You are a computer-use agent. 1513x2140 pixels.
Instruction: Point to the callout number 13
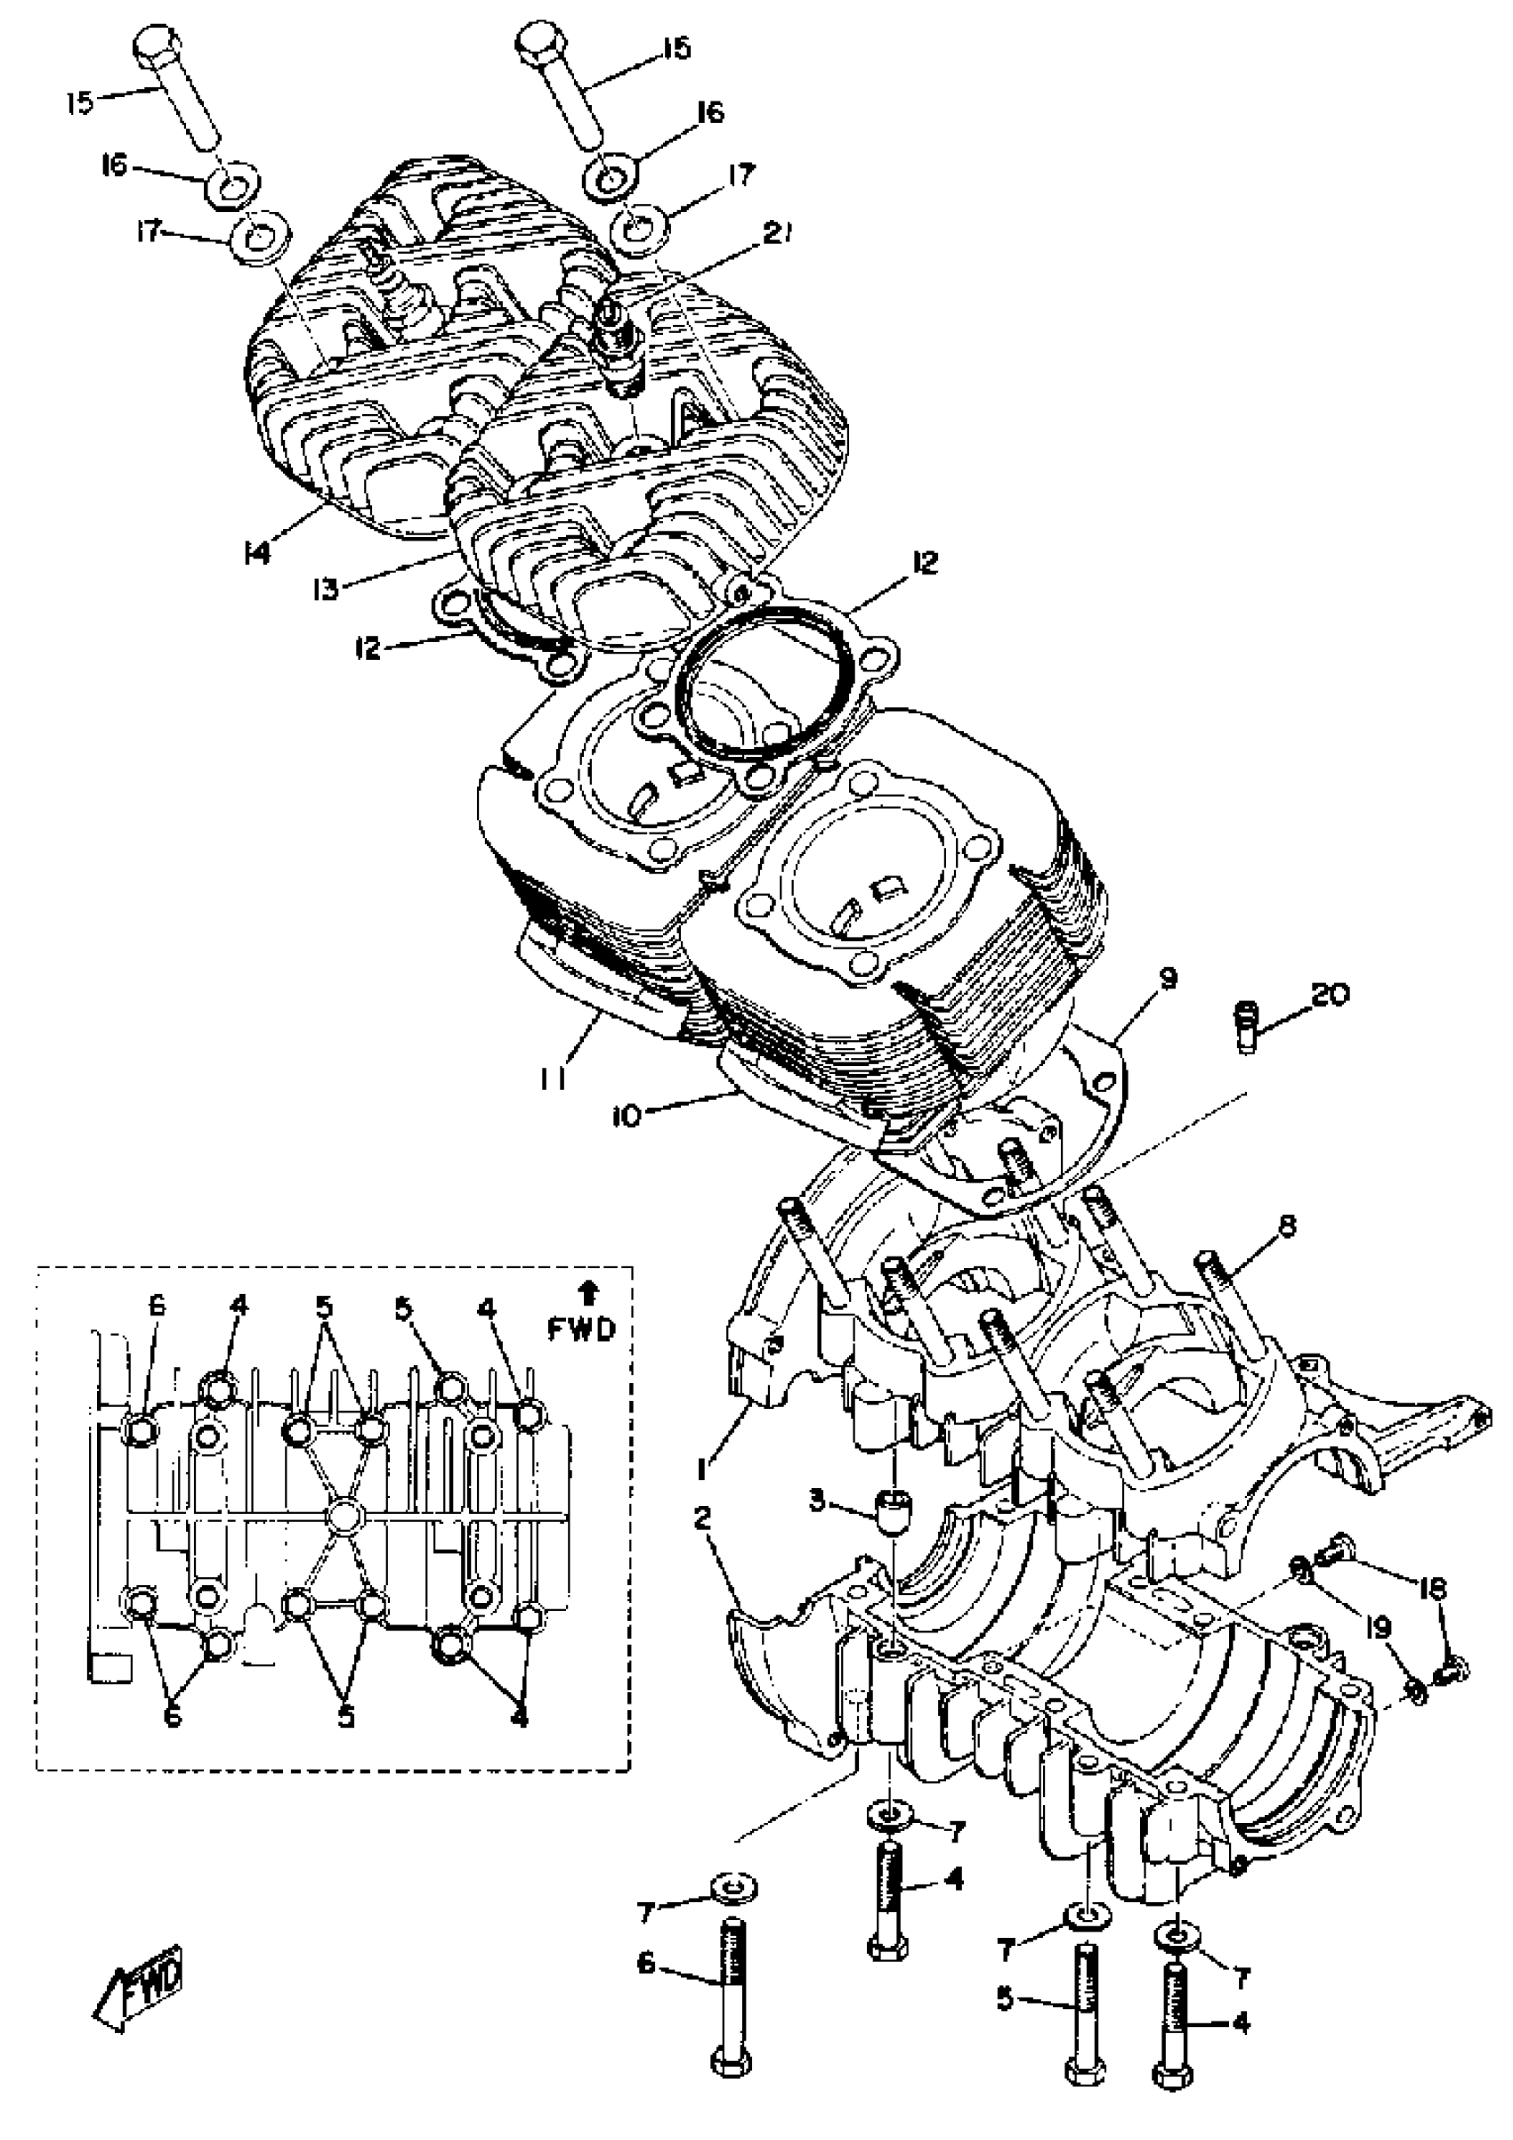(x=325, y=589)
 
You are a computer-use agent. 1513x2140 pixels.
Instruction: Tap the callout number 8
(x=1289, y=1226)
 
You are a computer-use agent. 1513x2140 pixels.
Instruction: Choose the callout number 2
(x=701, y=1519)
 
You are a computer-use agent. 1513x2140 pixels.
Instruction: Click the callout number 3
(x=817, y=1502)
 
